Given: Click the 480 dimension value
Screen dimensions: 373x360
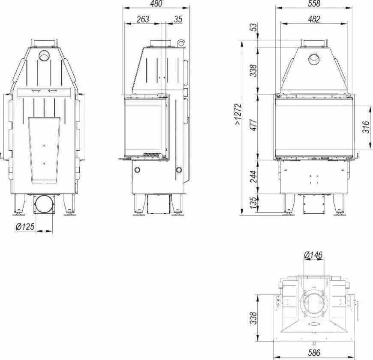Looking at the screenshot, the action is [156, 3].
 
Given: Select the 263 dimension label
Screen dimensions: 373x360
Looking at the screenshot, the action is [143, 19].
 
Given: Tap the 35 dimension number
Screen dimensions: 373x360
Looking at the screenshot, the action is [178, 19].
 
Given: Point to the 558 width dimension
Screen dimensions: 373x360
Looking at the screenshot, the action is [314, 3].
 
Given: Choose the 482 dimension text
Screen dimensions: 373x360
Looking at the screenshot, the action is [314, 19].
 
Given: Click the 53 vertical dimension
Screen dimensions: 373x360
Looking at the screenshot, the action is [254, 27].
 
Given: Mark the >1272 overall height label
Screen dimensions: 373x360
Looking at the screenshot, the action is [238, 114].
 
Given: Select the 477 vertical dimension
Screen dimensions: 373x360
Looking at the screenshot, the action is [254, 125].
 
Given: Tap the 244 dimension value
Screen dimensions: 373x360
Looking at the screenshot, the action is [254, 176].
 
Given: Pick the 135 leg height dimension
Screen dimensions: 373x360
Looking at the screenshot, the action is [254, 203].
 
